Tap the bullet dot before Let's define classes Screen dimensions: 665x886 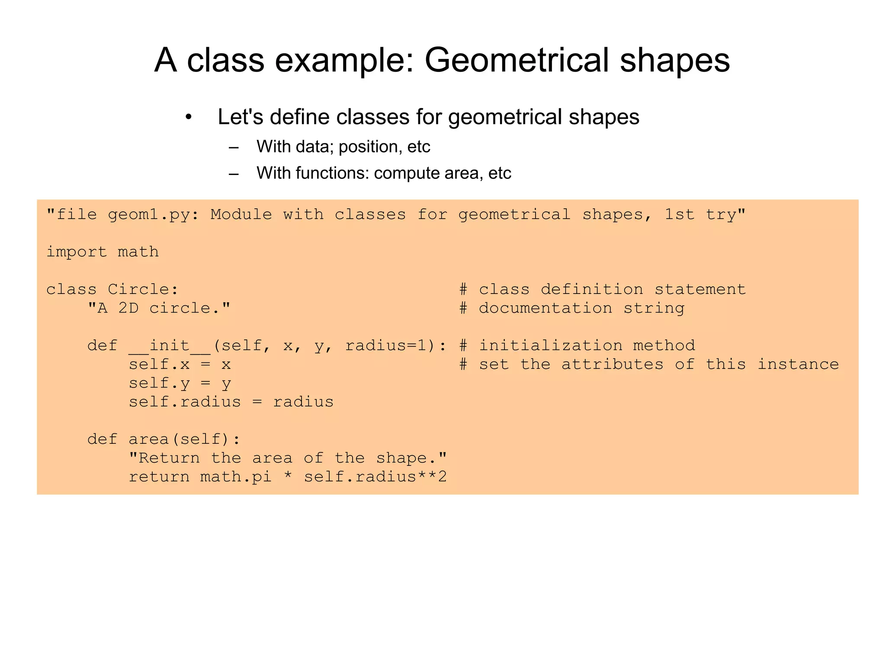pyautogui.click(x=188, y=117)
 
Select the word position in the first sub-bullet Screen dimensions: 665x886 pyautogui.click(x=368, y=147)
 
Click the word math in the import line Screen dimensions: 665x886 pyautogui.click(x=138, y=252)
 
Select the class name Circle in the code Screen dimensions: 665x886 pyautogui.click(x=143, y=289)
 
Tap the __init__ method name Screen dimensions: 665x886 pyautogui.click(x=169, y=345)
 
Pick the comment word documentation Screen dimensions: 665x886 pyautogui.click(x=546, y=308)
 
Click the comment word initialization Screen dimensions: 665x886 pyautogui.click(x=551, y=345)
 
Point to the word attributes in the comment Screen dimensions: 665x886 pyautogui.click(x=612, y=365)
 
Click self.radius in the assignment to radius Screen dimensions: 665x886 pyautogui.click(x=185, y=402)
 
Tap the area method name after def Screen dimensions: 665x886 pyautogui.click(x=148, y=439)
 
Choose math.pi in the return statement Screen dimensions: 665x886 pyautogui.click(x=236, y=477)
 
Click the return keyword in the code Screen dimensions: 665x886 pyautogui.click(x=159, y=477)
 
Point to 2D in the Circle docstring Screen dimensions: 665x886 pyautogui.click(x=128, y=308)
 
